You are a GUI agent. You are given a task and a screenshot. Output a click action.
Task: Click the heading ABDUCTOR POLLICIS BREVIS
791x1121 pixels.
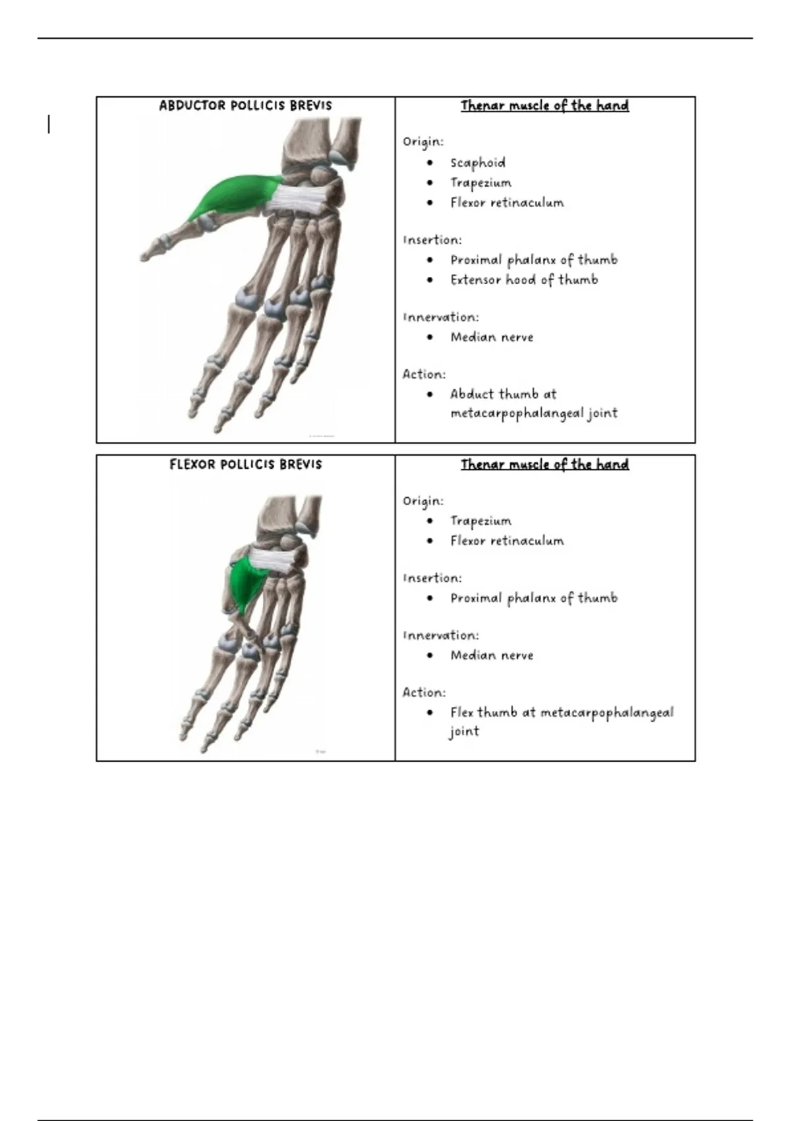245,106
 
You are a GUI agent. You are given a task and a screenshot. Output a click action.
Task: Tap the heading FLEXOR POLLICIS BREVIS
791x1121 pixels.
245,464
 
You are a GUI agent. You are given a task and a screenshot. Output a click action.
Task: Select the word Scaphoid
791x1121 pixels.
478,163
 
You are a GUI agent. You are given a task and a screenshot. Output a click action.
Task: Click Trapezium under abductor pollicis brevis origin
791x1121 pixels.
481,183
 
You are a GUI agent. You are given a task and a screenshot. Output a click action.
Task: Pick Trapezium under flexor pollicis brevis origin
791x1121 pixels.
481,521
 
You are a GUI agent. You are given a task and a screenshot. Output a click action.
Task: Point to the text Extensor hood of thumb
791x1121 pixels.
524,280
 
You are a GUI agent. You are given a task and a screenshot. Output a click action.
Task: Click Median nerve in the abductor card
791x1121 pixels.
492,338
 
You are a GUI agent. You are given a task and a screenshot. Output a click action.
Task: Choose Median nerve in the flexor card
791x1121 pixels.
492,655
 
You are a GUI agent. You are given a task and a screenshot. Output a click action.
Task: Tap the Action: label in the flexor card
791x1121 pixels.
424,692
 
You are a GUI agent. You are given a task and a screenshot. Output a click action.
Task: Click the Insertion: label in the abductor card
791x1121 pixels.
432,240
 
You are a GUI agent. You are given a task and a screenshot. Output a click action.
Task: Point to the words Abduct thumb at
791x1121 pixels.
503,394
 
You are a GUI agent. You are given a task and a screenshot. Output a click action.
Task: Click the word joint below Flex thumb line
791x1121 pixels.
464,732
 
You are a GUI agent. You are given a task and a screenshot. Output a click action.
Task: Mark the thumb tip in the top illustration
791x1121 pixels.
142,258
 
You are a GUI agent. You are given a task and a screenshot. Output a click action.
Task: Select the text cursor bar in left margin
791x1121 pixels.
49,124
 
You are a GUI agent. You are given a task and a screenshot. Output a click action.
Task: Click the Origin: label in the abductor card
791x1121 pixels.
423,142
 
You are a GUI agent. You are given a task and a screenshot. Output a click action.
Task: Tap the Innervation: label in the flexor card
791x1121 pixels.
441,636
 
